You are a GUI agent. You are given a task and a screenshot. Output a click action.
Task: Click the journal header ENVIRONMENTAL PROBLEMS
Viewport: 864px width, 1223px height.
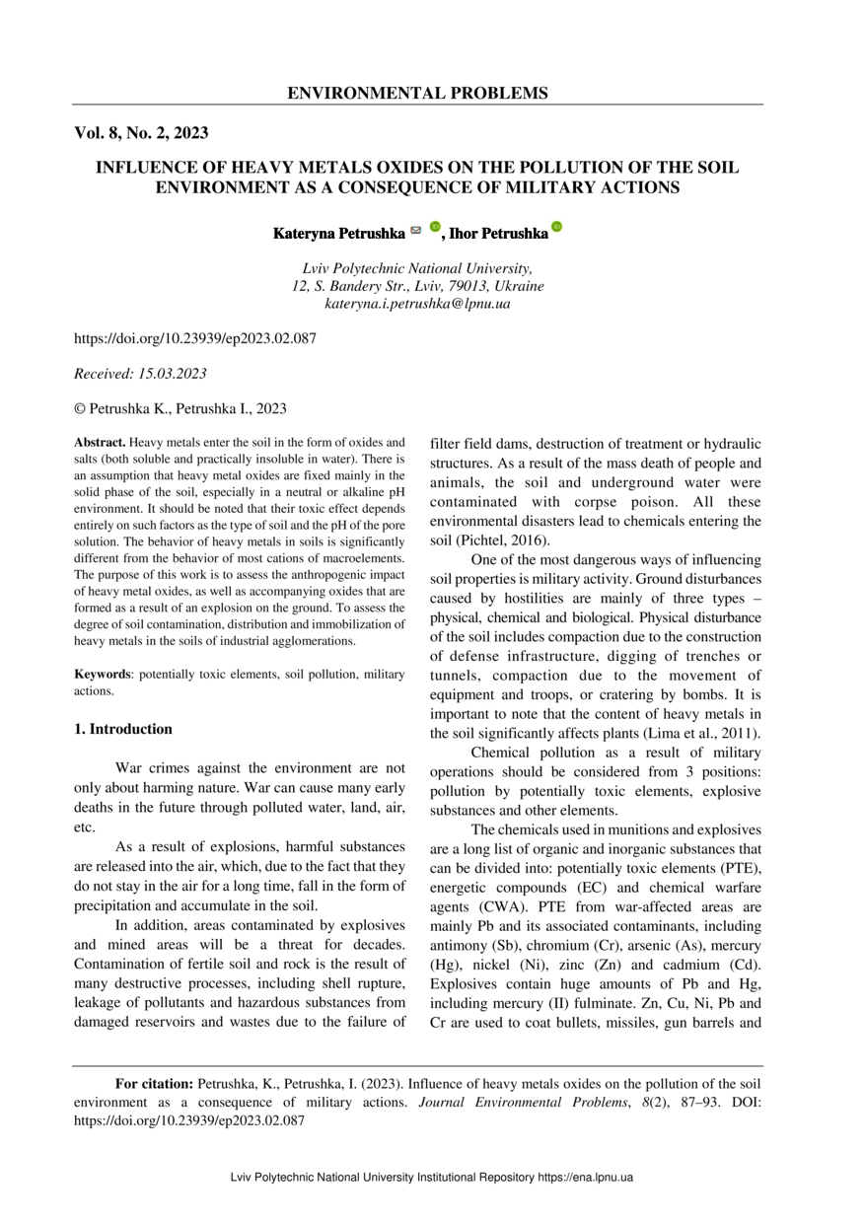(x=417, y=94)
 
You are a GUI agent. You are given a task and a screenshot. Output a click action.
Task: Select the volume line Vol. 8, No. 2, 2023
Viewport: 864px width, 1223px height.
(x=141, y=132)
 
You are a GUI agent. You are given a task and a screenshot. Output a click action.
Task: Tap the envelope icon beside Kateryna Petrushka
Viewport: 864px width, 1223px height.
(x=416, y=230)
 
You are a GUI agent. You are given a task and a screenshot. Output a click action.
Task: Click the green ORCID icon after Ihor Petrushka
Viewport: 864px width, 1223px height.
(x=556, y=228)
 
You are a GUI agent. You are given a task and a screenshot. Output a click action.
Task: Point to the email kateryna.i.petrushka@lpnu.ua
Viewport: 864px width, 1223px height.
(x=417, y=304)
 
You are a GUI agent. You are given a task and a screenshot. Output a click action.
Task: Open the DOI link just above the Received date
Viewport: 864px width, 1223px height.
(x=195, y=338)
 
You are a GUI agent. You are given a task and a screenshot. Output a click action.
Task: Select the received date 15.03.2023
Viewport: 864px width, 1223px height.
(x=174, y=373)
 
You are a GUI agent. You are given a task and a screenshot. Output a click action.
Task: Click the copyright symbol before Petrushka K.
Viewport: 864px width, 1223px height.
(x=80, y=408)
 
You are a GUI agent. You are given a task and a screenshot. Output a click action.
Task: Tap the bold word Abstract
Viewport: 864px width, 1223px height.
(x=101, y=443)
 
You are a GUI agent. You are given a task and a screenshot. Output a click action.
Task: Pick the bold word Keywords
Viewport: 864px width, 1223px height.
(x=104, y=675)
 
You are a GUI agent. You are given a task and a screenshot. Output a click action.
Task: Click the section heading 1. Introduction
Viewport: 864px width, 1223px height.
(x=123, y=729)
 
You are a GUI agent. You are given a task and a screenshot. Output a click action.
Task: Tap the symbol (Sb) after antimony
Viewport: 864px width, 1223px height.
(x=505, y=946)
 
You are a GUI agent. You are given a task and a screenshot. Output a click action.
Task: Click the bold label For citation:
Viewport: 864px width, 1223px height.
(x=154, y=1084)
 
